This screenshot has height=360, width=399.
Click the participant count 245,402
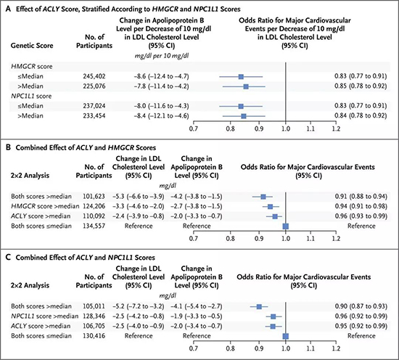coord(94,76)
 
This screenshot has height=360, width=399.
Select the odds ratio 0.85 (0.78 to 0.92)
coord(361,86)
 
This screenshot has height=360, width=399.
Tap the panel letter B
coord(8,147)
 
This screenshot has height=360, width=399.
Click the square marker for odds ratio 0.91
coord(263,197)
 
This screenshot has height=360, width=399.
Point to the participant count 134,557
coord(94,226)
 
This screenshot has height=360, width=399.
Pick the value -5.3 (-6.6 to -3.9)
coord(139,196)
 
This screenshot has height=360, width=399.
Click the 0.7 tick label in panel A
coord(194,128)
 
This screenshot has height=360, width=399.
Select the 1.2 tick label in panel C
coord(336,348)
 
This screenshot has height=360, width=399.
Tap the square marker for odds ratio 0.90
coord(259,307)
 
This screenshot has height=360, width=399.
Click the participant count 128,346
coord(94,316)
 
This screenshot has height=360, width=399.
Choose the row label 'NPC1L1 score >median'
coord(45,316)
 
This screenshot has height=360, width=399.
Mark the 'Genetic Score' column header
coord(32,46)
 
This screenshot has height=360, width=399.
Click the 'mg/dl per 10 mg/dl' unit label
coord(162,56)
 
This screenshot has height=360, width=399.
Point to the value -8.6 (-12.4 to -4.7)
coord(162,76)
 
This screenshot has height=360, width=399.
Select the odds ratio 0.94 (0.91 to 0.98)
coord(361,206)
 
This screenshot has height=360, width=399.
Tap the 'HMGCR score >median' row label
coord(45,206)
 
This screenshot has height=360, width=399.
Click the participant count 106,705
coord(94,326)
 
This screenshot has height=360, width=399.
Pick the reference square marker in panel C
coord(286,336)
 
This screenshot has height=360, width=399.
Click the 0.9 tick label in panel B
coord(259,239)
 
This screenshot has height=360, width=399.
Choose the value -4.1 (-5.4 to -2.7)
coord(197,306)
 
